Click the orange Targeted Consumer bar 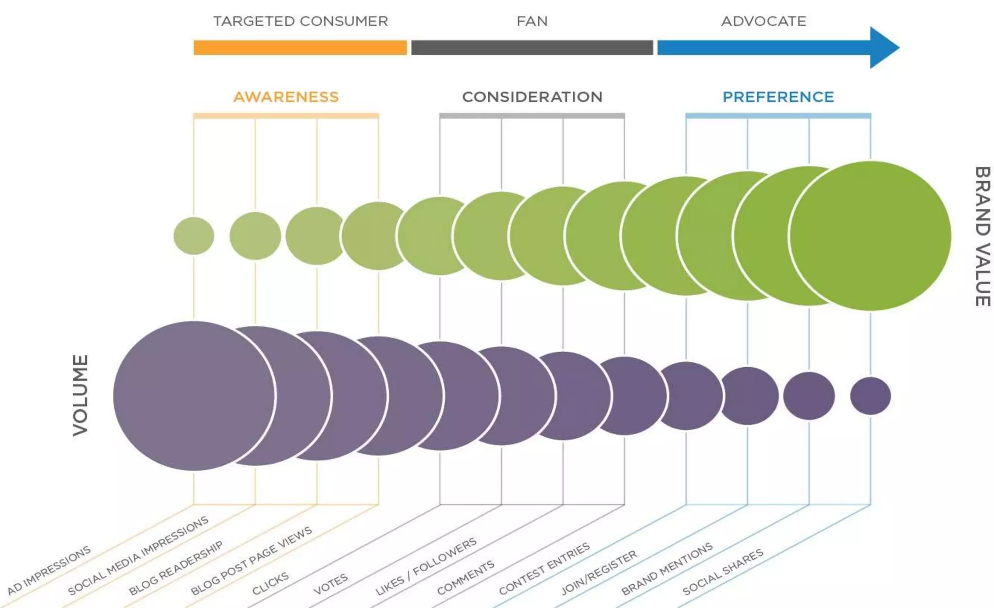coord(300,48)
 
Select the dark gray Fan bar coord(532,48)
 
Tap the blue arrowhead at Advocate coord(883,48)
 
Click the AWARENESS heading coord(286,97)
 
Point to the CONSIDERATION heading coord(532,97)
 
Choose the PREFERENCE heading coord(778,97)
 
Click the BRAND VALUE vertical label coord(982,236)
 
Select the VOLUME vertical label coord(81,395)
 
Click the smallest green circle coord(194,236)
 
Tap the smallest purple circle coord(870,396)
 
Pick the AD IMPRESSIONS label coord(49,570)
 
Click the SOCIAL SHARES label coord(723,572)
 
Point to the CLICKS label coord(270,583)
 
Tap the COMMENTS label coord(465,577)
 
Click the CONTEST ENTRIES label coord(544,569)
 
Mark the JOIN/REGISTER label coord(598,573)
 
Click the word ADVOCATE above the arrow coord(763,21)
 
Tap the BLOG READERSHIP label coord(176,568)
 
